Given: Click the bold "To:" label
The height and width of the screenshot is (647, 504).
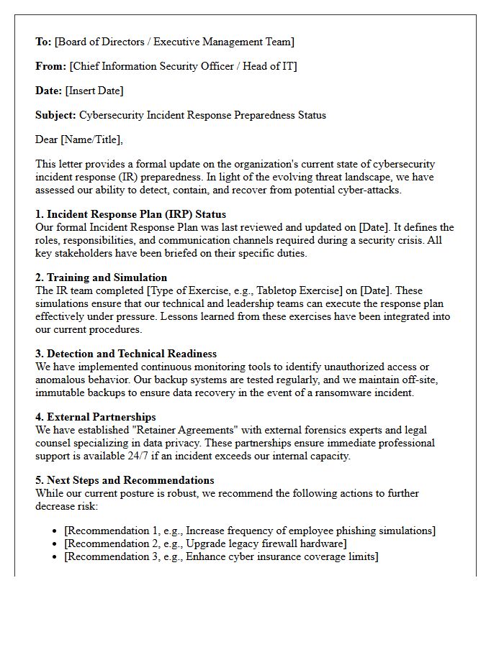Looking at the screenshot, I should click(43, 42).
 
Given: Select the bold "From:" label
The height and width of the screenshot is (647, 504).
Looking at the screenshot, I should click(50, 66).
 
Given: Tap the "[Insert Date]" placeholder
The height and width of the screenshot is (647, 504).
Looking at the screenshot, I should click(94, 91).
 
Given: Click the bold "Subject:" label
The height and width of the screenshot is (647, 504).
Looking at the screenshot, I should click(55, 115).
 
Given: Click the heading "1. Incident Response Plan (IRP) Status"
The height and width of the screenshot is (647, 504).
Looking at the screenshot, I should click(130, 214).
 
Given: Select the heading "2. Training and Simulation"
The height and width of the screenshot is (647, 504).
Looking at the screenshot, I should click(101, 277).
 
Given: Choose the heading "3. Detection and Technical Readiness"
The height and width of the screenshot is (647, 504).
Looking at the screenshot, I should click(126, 354).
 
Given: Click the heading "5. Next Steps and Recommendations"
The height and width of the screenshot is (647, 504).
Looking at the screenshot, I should click(125, 480).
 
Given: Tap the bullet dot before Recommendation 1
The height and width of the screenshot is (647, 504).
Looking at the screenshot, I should click(55, 531).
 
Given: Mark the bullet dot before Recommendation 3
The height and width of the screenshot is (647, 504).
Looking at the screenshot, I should click(55, 557).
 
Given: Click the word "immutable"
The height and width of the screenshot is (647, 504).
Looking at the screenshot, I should click(63, 393).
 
